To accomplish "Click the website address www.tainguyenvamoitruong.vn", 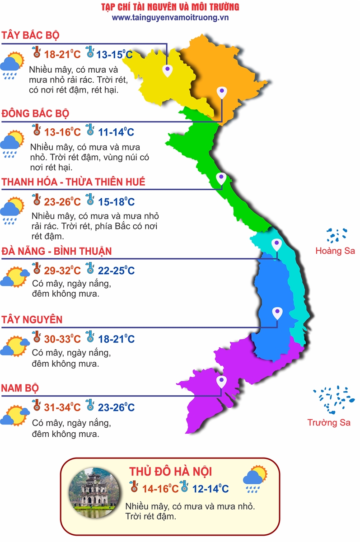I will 170,17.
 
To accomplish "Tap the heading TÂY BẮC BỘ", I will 31,36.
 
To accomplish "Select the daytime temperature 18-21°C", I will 62,55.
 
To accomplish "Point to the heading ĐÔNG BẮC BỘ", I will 35,113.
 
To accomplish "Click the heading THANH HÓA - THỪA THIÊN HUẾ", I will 74,182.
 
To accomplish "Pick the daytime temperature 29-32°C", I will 62,271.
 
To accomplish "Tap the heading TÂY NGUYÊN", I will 32,320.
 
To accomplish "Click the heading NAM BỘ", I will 20,388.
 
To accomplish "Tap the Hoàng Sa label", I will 335,251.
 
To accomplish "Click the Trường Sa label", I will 329,423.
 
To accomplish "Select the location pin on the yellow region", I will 168,69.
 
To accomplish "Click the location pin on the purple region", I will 221,382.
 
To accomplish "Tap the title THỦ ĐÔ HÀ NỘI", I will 170,472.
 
